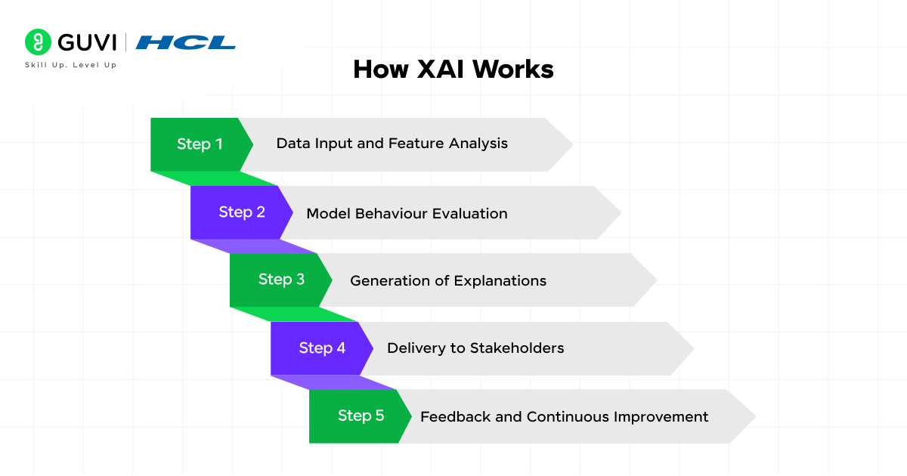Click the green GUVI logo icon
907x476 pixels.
coord(38,42)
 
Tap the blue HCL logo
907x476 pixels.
coord(186,42)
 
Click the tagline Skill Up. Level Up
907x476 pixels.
coord(71,65)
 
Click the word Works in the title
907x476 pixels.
coord(513,70)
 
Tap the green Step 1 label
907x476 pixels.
coord(200,144)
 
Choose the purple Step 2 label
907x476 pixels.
coord(242,212)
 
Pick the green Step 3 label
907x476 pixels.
coord(281,280)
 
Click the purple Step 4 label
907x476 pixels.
coord(322,348)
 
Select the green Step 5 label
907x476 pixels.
coord(361,416)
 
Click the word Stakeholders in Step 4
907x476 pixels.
coord(517,348)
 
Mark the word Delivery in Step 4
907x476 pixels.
coord(414,348)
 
